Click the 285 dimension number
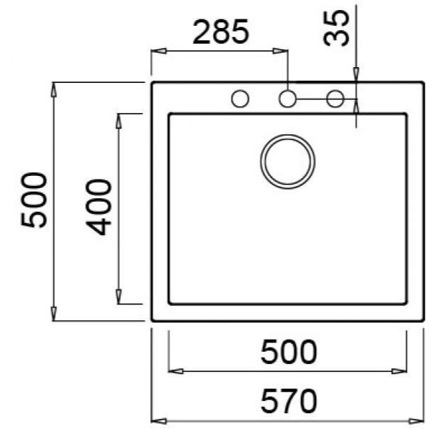click(x=221, y=31)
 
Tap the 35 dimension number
click(x=336, y=28)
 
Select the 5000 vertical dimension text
click(x=34, y=200)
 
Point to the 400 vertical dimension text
click(x=99, y=207)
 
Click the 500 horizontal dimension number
click(x=289, y=352)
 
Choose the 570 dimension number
click(x=289, y=401)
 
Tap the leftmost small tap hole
click(x=240, y=99)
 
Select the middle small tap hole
click(x=287, y=99)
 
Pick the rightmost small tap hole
click(x=335, y=99)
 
